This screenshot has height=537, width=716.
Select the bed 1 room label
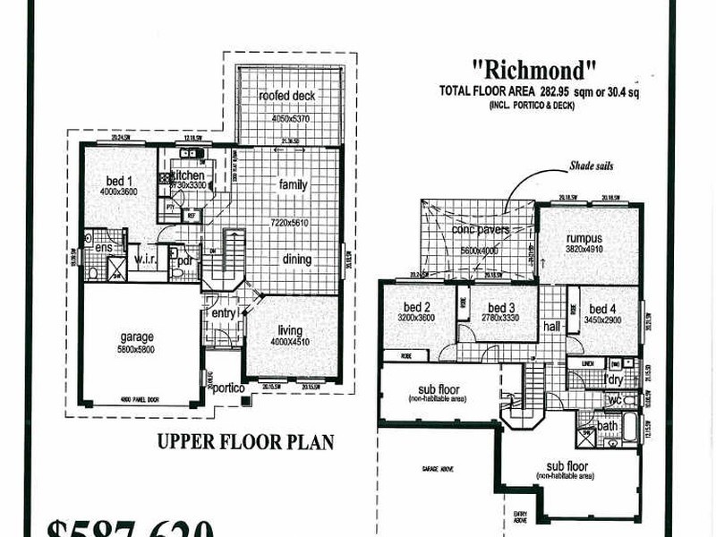pyautogui.click(x=119, y=177)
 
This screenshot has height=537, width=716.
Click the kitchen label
pyautogui.click(x=189, y=176)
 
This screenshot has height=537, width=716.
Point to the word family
pyautogui.click(x=293, y=185)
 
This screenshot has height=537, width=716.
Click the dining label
pyautogui.click(x=295, y=260)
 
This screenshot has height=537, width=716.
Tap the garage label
pyautogui.click(x=137, y=337)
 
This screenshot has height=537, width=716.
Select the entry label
pyautogui.click(x=223, y=314)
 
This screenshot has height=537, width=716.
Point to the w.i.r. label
pyautogui.click(x=146, y=260)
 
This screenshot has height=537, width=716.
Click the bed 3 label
pyautogui.click(x=501, y=308)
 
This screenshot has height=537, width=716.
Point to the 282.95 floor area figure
pyautogui.click(x=557, y=91)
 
